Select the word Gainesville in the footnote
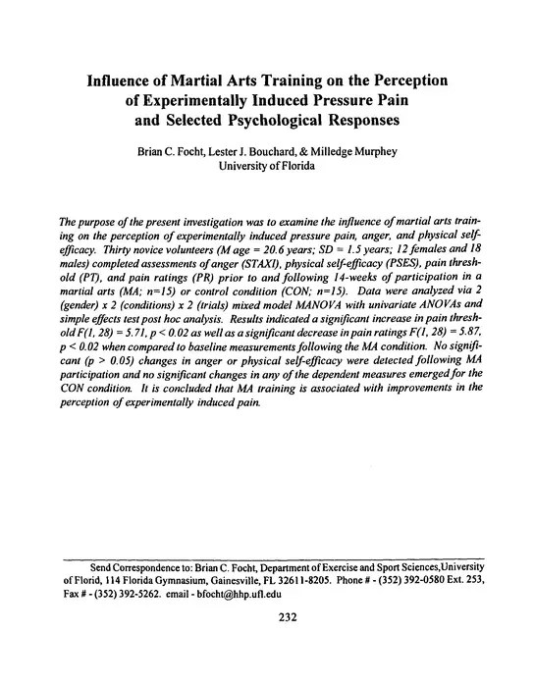pos(198,580)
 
